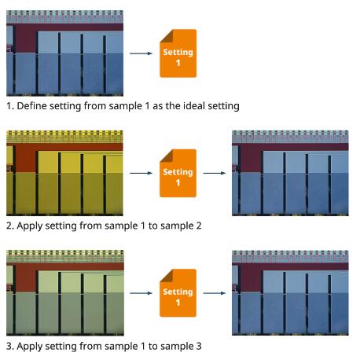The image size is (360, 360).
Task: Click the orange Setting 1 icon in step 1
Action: click(178, 53)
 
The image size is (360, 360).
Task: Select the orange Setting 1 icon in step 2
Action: click(178, 173)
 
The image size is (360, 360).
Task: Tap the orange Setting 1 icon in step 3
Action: click(178, 293)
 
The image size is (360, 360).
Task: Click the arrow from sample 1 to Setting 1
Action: click(141, 53)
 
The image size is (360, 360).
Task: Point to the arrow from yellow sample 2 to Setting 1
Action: click(141, 173)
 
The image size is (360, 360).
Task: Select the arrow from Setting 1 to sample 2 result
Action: click(215, 173)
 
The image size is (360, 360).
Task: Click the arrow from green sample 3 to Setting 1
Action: click(141, 293)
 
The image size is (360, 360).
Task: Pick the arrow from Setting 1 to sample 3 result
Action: click(215, 293)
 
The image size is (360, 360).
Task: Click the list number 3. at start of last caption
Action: click(10, 346)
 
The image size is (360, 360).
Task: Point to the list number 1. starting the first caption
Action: click(10, 106)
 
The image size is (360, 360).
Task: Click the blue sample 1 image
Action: click(64, 53)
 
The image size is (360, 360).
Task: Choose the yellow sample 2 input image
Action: click(64, 173)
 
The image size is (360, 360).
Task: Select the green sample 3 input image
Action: click(65, 292)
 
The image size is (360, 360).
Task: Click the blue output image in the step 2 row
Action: click(290, 173)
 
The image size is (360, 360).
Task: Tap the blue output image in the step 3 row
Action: click(290, 292)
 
